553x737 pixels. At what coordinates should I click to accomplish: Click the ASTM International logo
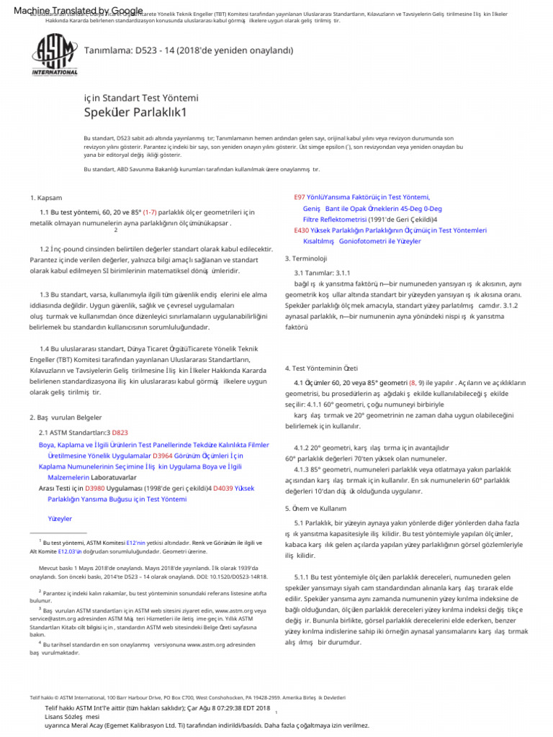pos(55,54)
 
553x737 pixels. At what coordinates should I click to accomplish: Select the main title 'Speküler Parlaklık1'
pos(135,112)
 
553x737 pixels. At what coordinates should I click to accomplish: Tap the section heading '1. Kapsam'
pos(46,198)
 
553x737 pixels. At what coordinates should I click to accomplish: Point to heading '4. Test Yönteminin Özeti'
pos(321,368)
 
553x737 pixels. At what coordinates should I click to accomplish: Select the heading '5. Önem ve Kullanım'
pos(315,508)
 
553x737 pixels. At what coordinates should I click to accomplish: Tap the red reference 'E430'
pos(302,230)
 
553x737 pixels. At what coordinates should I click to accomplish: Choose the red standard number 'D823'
pos(120,433)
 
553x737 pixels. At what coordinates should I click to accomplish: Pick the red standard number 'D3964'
pos(163,456)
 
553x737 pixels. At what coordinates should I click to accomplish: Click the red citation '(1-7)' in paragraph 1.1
pos(150,212)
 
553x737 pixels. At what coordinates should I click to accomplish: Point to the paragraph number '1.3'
pos(45,294)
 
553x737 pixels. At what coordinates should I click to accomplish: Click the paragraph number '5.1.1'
pos(303,577)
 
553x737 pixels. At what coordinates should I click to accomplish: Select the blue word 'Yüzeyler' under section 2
pos(60,518)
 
